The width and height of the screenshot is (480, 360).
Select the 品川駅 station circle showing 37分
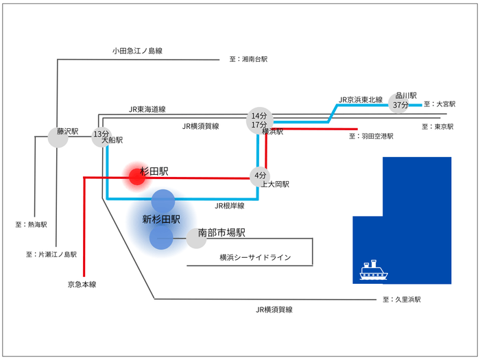pos(400,101)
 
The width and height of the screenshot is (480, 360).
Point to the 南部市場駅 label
pos(221,233)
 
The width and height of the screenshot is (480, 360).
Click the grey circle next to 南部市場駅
pos(196,239)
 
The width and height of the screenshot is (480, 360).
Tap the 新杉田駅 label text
pos(161,219)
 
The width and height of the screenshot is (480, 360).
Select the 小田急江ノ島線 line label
pos(137,51)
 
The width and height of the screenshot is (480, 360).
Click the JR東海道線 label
pos(147,109)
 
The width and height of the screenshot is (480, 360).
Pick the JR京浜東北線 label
pos(361,99)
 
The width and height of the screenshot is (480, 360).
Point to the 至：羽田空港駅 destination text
pos(371,136)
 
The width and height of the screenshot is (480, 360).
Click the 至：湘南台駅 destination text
pos(248,60)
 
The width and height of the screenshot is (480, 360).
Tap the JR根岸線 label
pos(230,205)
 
